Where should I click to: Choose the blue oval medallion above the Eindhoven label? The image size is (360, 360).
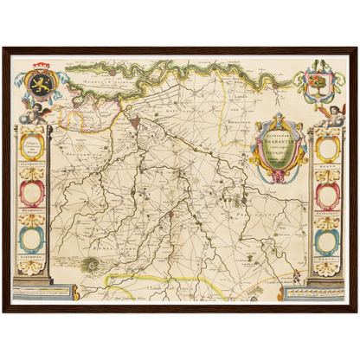pos(31,235)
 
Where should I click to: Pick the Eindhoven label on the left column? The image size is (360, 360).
pos(31,256)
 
